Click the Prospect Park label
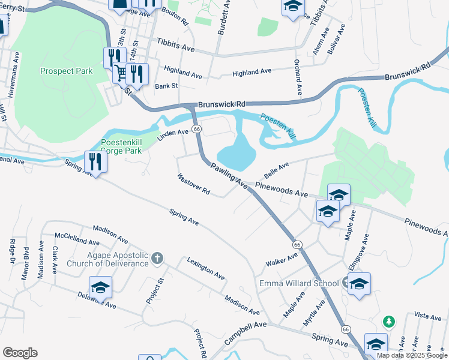click(x=67, y=71)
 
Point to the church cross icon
click(x=157, y=259)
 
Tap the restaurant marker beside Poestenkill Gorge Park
click(x=95, y=161)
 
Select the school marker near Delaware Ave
click(x=100, y=287)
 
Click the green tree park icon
click(x=389, y=322)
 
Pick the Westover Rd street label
click(x=193, y=184)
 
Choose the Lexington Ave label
click(x=205, y=268)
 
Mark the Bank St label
click(x=166, y=86)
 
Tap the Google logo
click(x=20, y=353)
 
